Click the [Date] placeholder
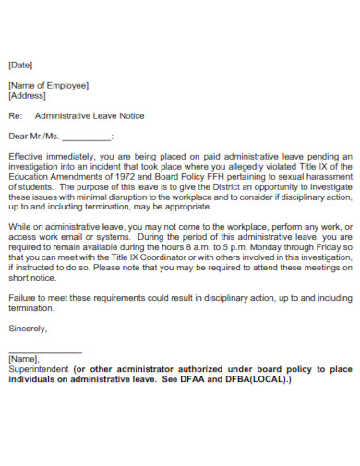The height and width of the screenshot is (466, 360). point(20,66)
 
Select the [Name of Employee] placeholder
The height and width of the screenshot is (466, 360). point(48,86)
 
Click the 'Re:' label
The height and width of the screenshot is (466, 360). point(14,116)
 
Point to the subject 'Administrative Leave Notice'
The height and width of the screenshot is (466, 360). point(89,116)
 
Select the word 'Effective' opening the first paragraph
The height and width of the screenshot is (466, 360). point(26,157)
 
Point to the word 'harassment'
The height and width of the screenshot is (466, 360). point(330,176)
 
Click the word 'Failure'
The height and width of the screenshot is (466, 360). point(23,299)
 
